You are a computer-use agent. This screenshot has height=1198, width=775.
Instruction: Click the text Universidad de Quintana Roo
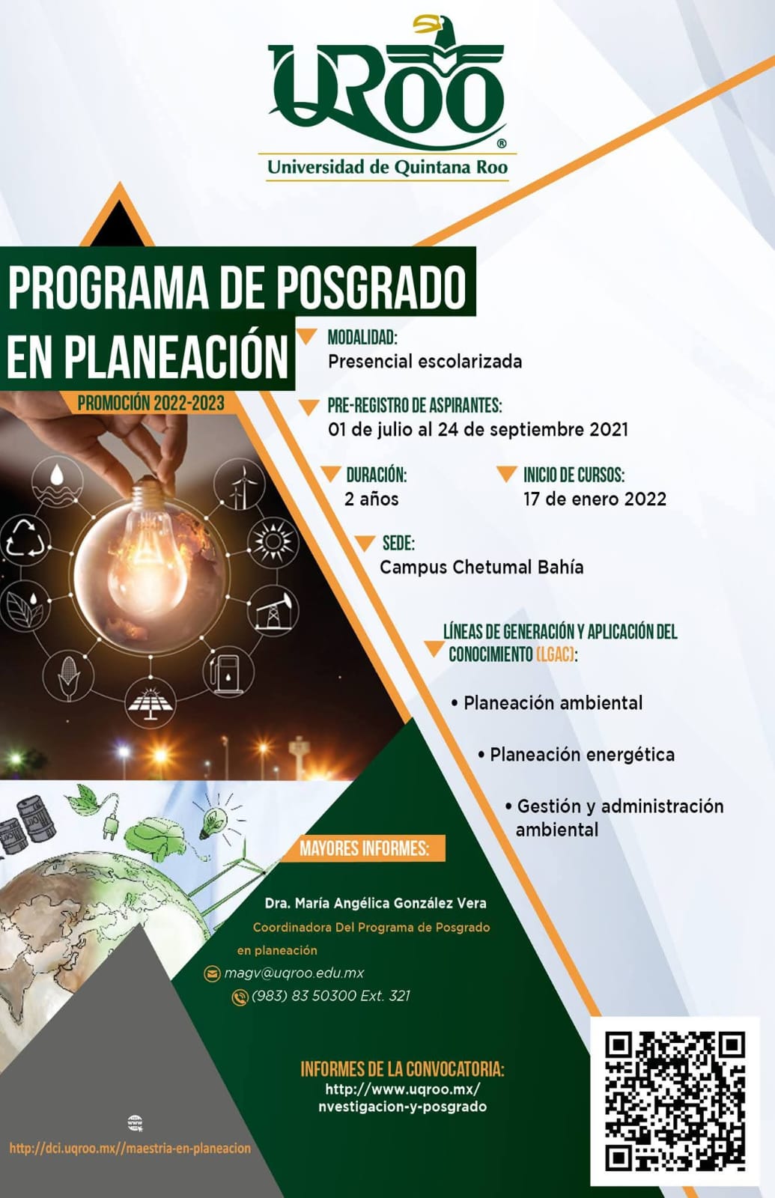[x=387, y=168]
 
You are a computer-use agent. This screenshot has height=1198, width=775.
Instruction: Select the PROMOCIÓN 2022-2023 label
[x=151, y=403]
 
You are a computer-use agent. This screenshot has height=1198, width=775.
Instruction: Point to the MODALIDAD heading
[x=362, y=337]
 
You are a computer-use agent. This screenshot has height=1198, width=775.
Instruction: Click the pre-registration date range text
[x=478, y=430]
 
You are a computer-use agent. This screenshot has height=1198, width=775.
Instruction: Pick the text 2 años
[x=371, y=499]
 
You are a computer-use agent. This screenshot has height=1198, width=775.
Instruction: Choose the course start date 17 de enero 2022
[x=595, y=499]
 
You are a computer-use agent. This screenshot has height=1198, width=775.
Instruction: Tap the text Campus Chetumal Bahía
[x=481, y=567]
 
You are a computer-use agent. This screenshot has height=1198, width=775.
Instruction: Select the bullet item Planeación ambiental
[x=547, y=703]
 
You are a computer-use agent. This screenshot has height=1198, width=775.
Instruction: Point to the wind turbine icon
[x=239, y=484]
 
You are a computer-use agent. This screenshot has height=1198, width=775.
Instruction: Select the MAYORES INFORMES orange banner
[x=364, y=848]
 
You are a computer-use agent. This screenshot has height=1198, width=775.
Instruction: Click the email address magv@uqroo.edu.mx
[x=294, y=973]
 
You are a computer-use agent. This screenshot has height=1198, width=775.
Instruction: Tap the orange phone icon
[x=240, y=997]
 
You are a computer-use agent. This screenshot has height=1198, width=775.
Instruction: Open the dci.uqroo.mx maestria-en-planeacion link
[x=130, y=1149]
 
